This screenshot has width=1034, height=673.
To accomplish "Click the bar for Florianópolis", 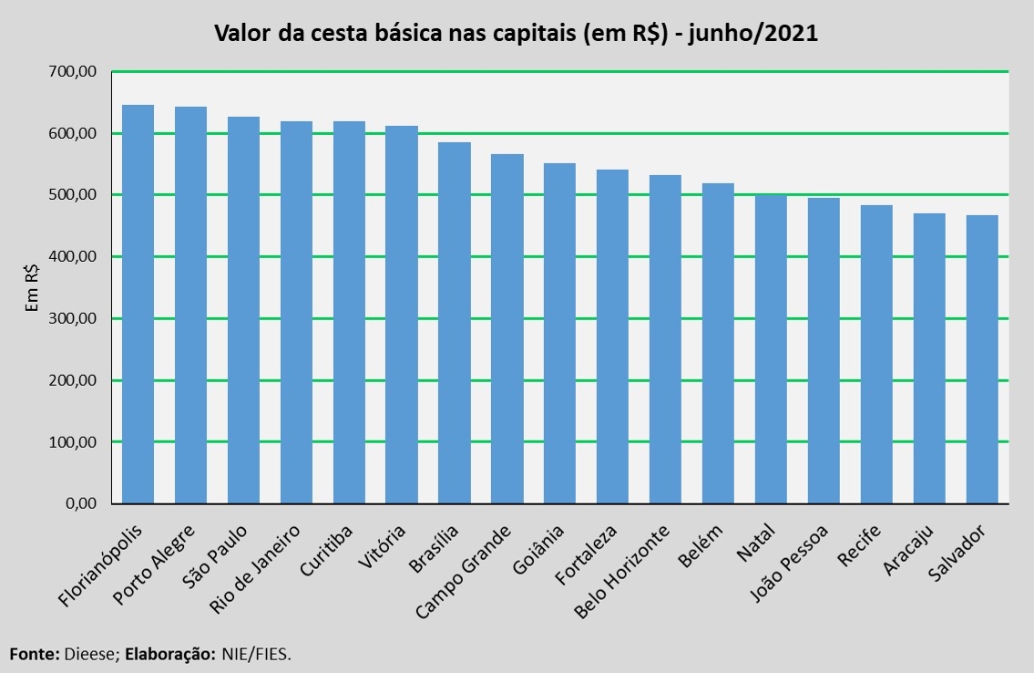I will click(x=138, y=305).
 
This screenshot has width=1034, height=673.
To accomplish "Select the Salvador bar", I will click(x=981, y=359).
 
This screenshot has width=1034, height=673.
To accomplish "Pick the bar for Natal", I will click(x=771, y=348).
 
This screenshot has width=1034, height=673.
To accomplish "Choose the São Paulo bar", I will click(x=243, y=310).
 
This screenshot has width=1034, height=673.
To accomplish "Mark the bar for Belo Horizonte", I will click(x=665, y=339).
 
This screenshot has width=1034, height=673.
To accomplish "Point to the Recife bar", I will click(x=876, y=354).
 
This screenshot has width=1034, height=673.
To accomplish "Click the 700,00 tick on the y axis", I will click(x=77, y=72).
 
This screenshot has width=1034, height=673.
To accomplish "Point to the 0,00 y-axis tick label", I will click(x=84, y=503).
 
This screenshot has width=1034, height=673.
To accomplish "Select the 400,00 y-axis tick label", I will click(x=77, y=257).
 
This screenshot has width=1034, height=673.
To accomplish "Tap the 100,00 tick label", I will click(x=77, y=442).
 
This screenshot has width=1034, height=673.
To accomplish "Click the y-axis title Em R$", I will click(x=31, y=288).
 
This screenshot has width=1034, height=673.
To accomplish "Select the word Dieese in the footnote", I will click(x=88, y=654).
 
